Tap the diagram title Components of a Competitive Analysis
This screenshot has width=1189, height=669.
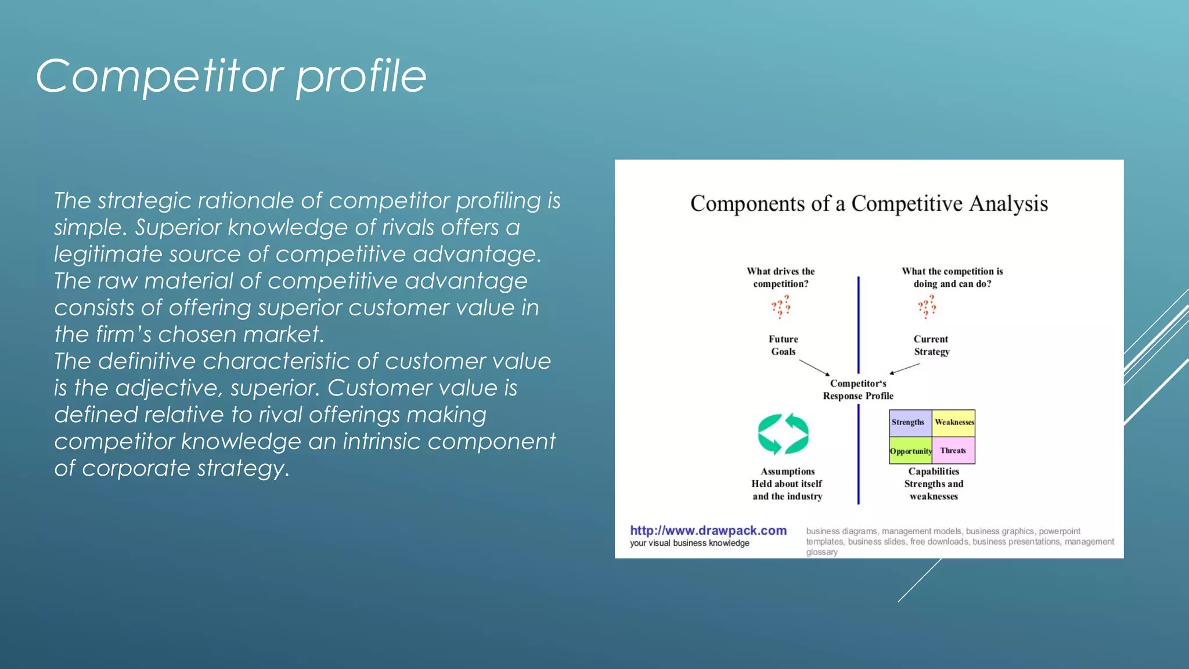(869, 204)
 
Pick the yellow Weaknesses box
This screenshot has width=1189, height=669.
(954, 422)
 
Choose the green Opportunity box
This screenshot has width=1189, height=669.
(910, 451)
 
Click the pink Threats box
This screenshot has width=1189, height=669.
(953, 451)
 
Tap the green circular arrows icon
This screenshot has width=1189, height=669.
(783, 434)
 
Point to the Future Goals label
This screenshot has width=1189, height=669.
(783, 345)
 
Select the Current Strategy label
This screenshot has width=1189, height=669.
(931, 345)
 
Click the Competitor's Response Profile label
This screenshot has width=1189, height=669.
(858, 390)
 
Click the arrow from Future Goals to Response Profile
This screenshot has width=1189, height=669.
(815, 368)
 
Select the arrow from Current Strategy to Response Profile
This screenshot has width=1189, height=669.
(905, 369)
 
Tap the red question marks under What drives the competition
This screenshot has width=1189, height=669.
(781, 307)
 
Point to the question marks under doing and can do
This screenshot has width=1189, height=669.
(927, 307)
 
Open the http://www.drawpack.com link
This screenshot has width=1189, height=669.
(708, 530)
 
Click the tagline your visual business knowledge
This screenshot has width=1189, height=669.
(690, 543)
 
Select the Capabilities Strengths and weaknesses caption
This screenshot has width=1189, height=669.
(934, 484)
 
